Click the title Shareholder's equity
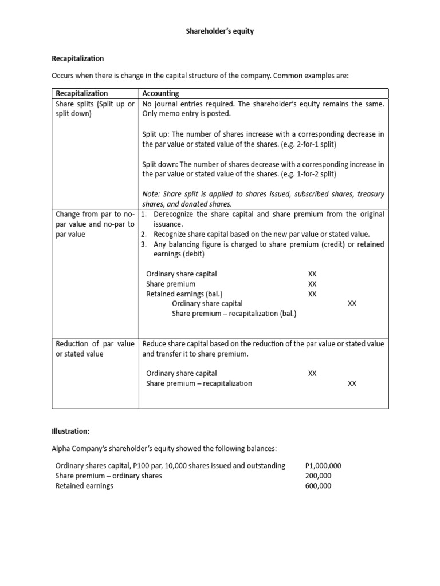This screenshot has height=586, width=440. point(220,31)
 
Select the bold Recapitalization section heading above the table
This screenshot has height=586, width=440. point(78,58)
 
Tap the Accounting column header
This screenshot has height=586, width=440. point(160,93)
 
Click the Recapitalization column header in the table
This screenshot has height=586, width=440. point(81,93)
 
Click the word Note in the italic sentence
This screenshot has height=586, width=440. point(151,194)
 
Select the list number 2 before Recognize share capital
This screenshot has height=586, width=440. point(144,234)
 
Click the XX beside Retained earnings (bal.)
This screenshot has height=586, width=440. point(312,294)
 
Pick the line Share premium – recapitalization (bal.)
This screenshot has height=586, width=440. point(234,314)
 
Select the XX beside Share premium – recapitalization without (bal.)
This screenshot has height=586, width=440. point(352,383)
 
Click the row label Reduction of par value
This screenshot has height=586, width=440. point(95,344)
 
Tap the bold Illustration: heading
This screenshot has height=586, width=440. point(71,430)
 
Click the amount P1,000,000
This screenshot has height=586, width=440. point(323,466)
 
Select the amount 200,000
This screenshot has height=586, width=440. point(319,476)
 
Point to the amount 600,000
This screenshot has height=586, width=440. point(319,486)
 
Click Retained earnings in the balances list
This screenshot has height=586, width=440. point(84,486)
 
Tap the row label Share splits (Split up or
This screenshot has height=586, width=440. point(95,104)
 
